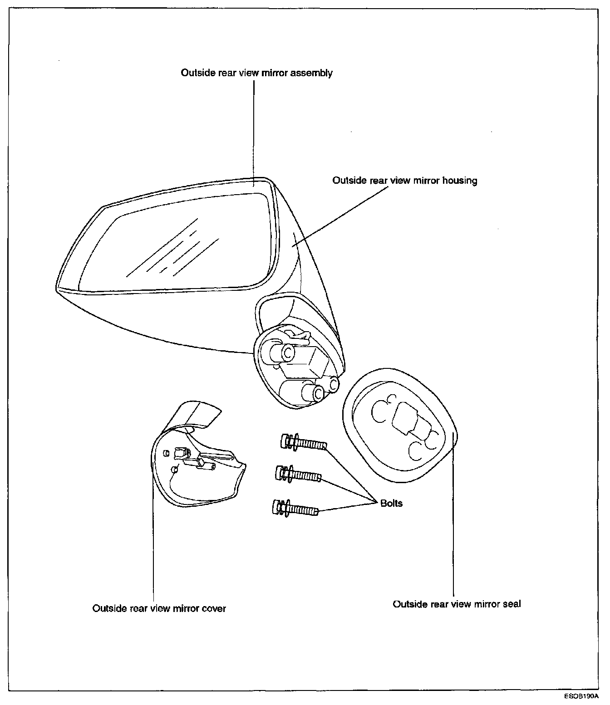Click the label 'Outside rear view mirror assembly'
pyautogui.click(x=256, y=73)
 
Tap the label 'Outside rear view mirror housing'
pyautogui.click(x=404, y=181)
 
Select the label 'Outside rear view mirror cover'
pyautogui.click(x=159, y=608)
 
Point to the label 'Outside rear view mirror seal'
pyautogui.click(x=457, y=604)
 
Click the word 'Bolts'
pyautogui.click(x=391, y=503)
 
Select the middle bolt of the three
pyautogui.click(x=298, y=475)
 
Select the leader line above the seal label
pyautogui.click(x=453, y=522)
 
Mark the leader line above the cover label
pyautogui.click(x=153, y=544)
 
